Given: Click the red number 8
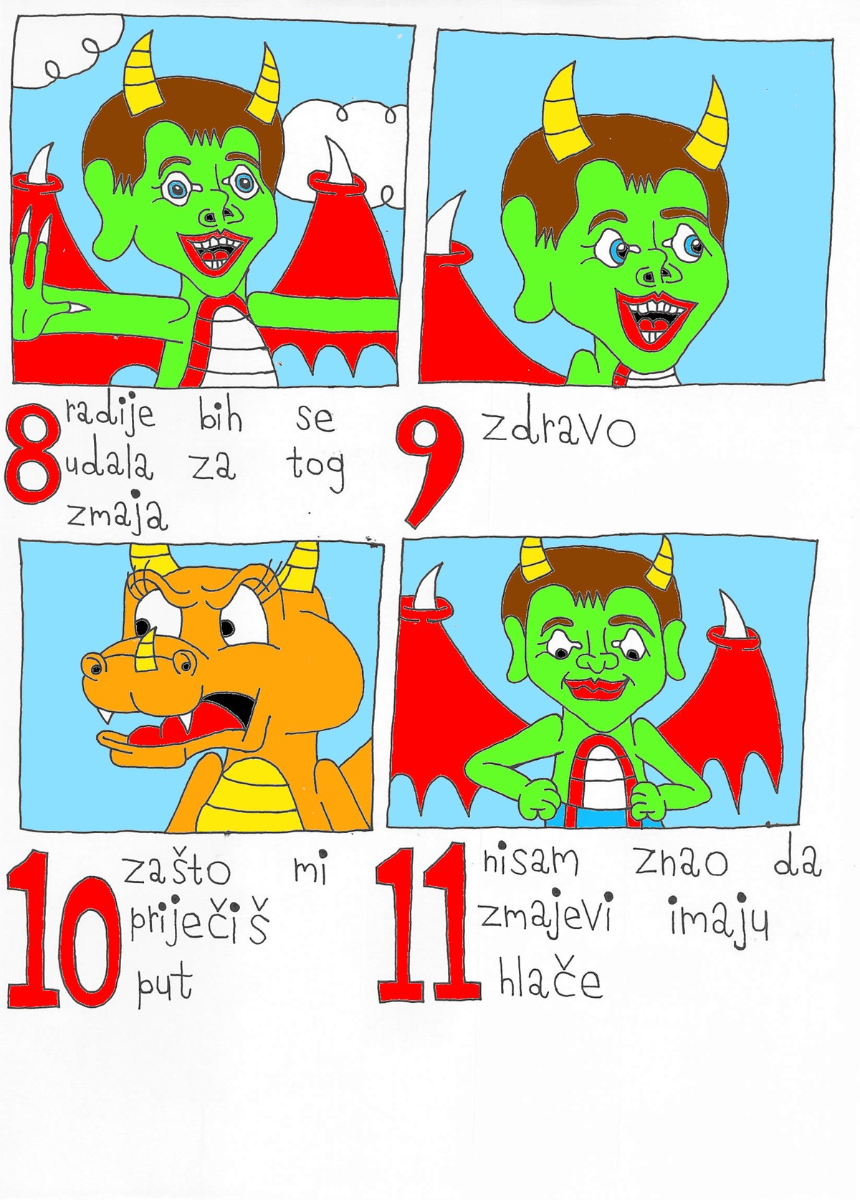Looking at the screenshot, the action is (32, 453).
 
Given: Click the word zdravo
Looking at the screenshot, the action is (558, 429).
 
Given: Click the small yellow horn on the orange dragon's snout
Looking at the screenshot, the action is (145, 650).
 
